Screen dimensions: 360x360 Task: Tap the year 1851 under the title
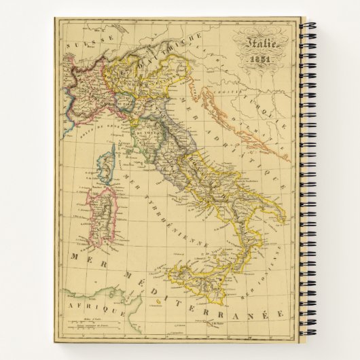point(262,58)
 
